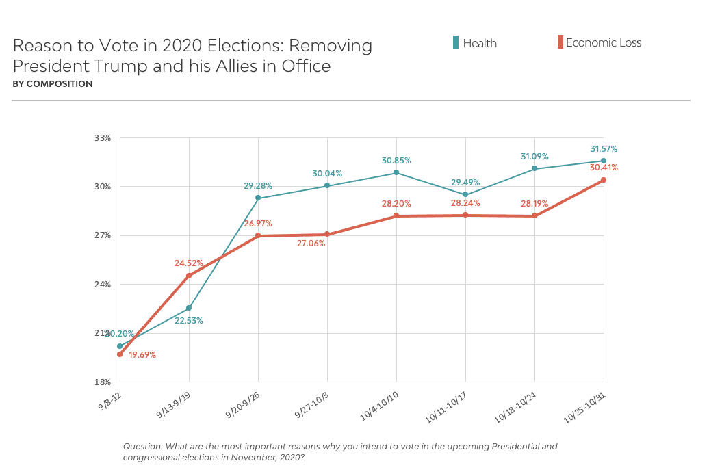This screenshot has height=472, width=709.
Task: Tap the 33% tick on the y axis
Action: (x=102, y=138)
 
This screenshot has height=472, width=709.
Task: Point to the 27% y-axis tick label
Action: (x=102, y=235)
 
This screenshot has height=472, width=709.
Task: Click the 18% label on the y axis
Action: (x=102, y=382)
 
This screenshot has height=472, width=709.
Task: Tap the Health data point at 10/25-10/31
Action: (x=604, y=161)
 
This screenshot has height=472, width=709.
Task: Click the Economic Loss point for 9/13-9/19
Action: (x=189, y=276)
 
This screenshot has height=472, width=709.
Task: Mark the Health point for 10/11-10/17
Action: (x=465, y=194)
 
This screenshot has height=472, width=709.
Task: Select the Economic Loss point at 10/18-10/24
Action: (x=534, y=216)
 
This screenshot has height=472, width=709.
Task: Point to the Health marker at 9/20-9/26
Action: (x=258, y=198)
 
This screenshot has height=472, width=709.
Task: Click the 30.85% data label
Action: (x=396, y=160)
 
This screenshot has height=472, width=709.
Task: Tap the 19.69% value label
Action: (x=142, y=355)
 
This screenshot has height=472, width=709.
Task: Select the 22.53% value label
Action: (x=188, y=320)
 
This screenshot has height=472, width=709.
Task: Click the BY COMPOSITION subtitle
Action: (x=53, y=84)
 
